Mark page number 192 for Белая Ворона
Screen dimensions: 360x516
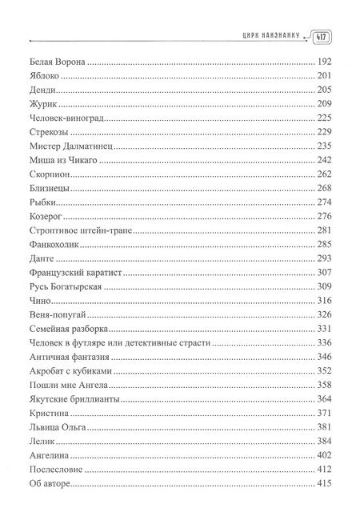click(x=326, y=62)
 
